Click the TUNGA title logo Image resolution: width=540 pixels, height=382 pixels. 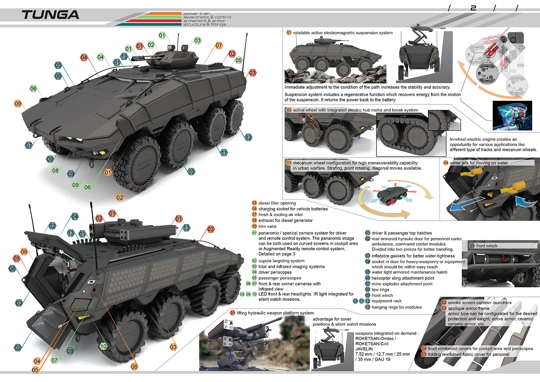(51, 15)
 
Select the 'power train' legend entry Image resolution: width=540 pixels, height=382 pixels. (197, 14)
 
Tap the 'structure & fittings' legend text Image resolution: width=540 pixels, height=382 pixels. (205, 24)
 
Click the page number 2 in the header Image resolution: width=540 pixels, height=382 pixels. (473, 8)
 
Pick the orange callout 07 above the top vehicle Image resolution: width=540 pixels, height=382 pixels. (219, 46)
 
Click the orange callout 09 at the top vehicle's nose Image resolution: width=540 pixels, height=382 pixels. (18, 103)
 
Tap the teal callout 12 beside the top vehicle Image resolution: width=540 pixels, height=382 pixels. (248, 137)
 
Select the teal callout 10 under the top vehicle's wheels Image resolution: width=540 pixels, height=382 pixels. (191, 171)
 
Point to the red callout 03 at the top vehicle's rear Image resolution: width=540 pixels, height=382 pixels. (252, 73)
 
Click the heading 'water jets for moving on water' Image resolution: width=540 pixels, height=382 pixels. (479, 163)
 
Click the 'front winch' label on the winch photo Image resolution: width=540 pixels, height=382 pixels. (486, 246)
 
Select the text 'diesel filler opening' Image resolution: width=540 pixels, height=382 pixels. (277, 203)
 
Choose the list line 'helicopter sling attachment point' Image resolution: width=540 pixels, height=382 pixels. (403, 278)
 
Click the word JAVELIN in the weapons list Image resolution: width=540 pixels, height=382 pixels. (364, 349)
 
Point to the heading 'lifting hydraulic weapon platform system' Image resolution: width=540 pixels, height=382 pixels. (275, 313)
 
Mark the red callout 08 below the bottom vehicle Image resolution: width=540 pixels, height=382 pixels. (134, 367)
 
